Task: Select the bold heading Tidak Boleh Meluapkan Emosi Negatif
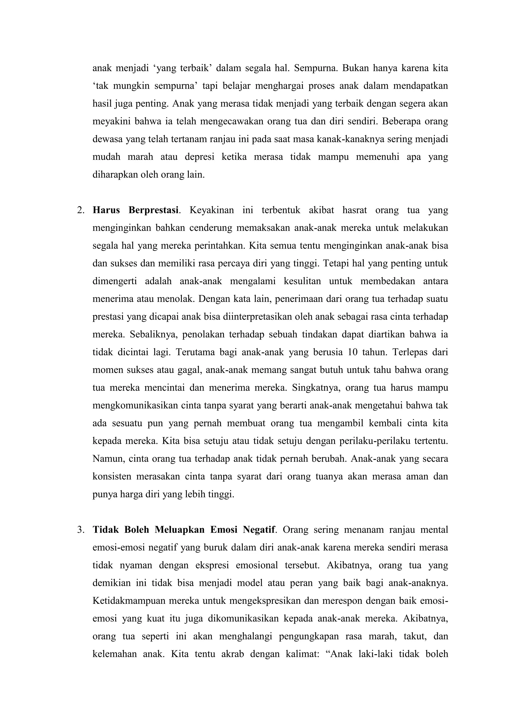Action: point(184,530)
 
